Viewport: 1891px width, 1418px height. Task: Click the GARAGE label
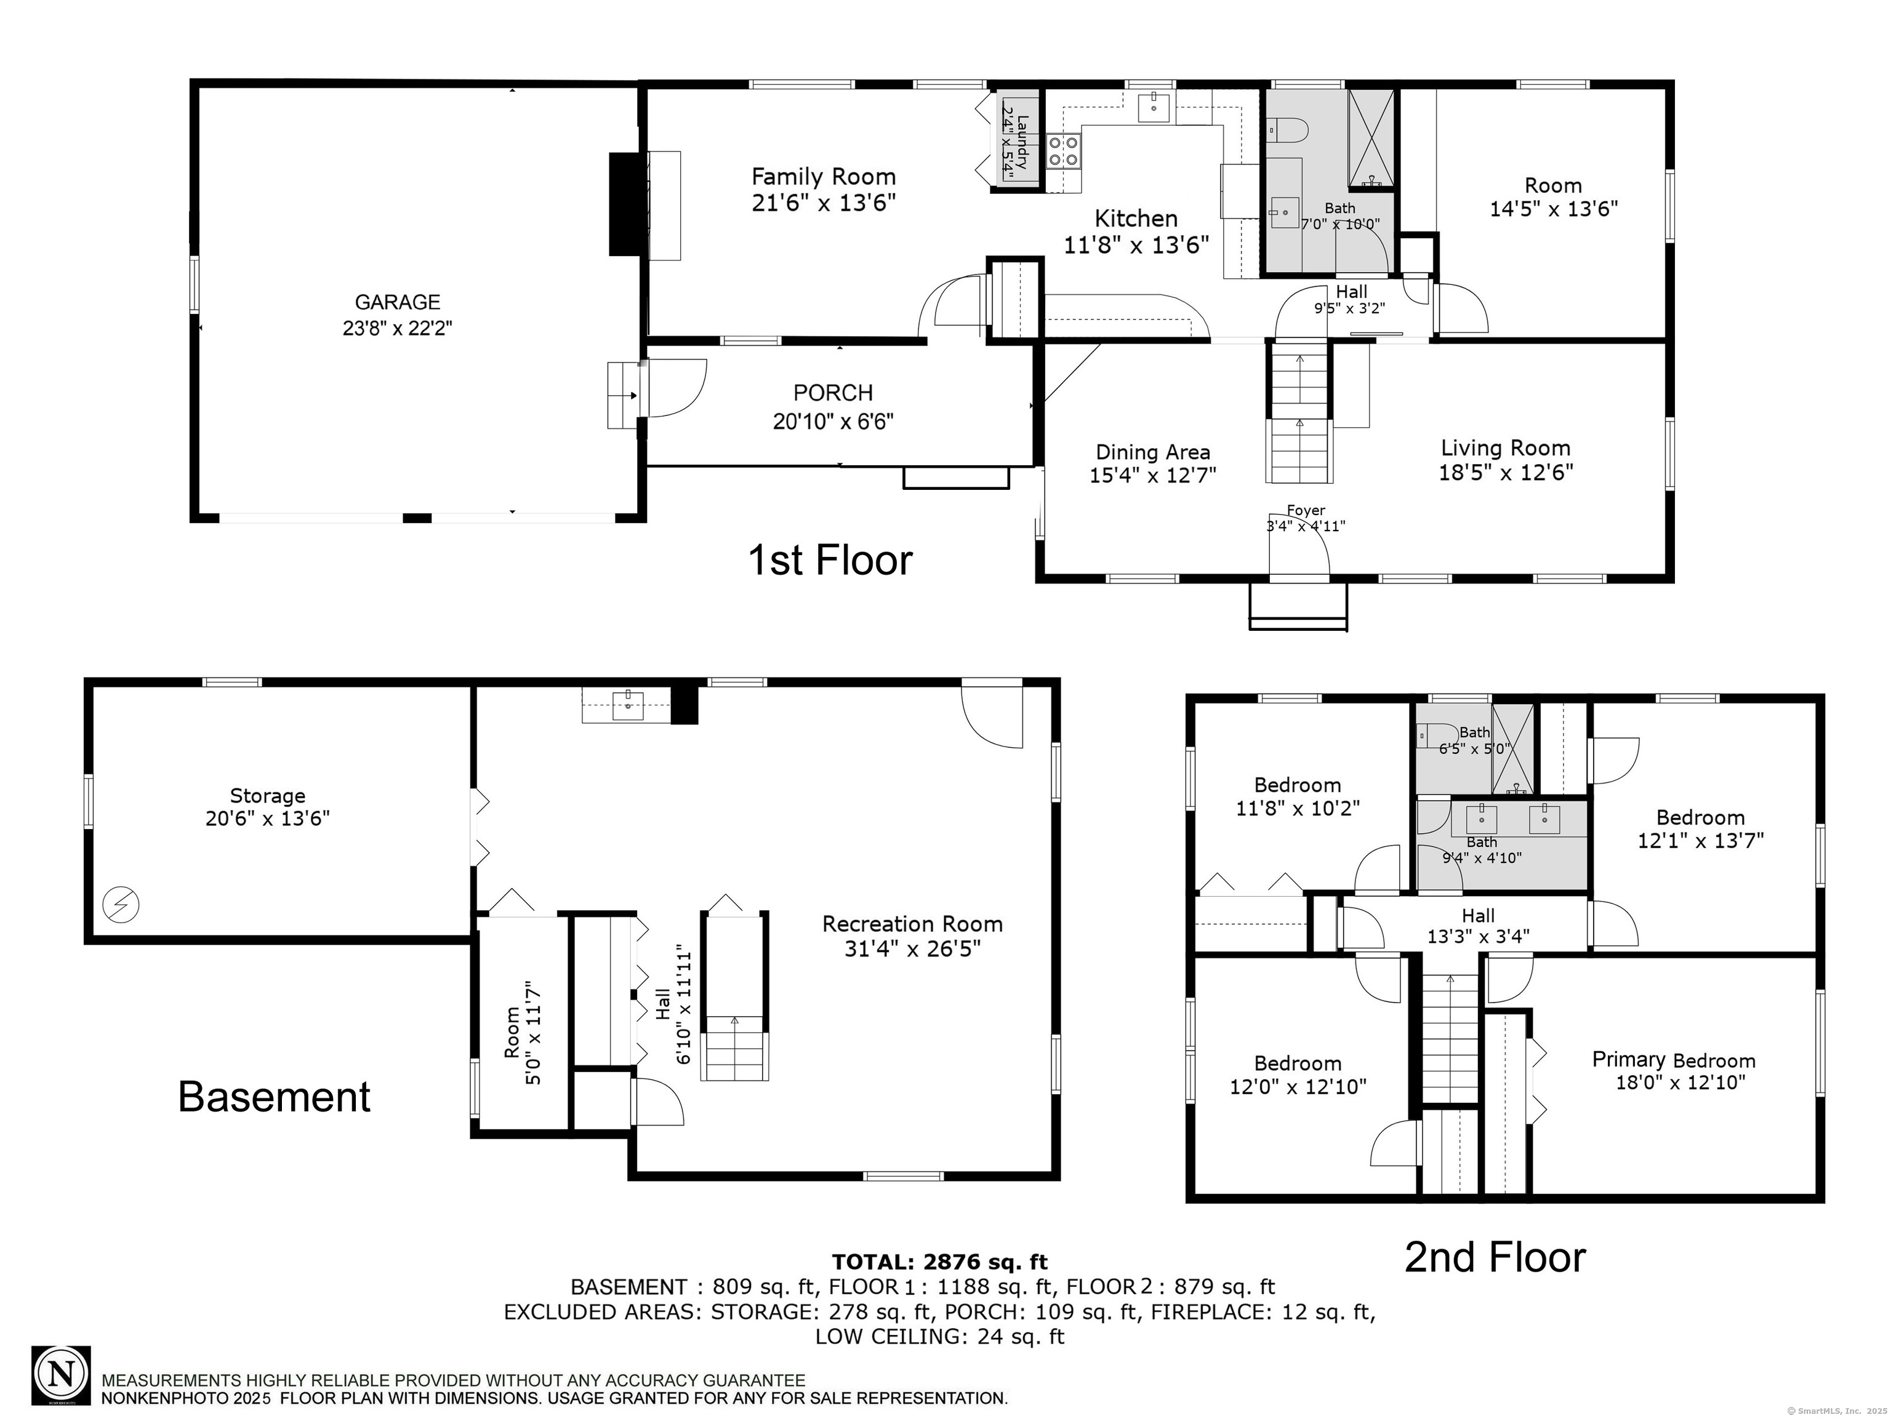pos(398,302)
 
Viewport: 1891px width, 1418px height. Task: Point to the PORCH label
pos(833,393)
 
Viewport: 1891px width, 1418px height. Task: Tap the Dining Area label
pos(1152,452)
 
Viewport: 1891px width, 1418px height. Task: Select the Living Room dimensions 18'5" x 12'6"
pos(1506,473)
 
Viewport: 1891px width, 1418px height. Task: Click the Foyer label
pos(1306,510)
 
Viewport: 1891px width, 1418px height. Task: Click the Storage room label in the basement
pos(268,796)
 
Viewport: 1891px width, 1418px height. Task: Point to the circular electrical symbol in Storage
pos(121,903)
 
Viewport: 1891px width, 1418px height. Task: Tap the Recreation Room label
pos(912,924)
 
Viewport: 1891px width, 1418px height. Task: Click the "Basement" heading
pos(275,1097)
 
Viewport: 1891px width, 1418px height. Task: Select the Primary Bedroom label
pos(1673,1060)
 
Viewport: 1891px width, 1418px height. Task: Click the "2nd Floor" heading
pos(1495,1257)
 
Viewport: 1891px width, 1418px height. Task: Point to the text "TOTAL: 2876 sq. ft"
pos(939,1262)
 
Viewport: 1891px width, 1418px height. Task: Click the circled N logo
pos(61,1376)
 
